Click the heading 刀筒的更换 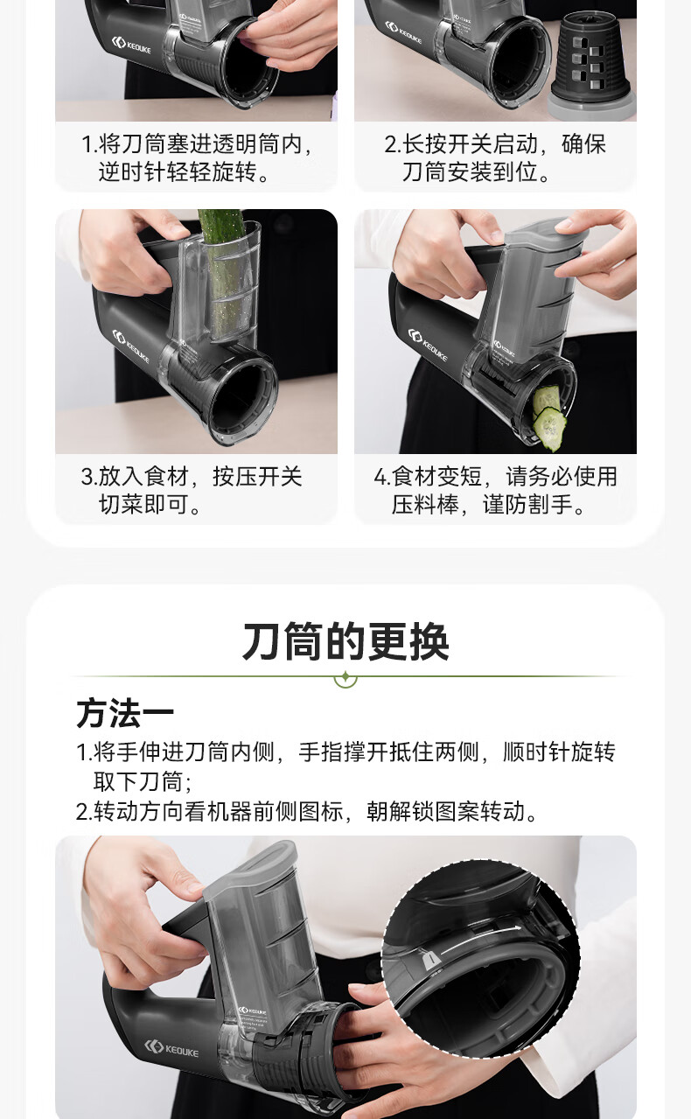[x=345, y=642]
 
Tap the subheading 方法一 [x=125, y=713]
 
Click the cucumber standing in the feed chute [x=225, y=275]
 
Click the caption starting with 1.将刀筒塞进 [x=197, y=157]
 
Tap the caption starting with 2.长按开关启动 [x=495, y=157]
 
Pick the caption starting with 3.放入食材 [x=192, y=490]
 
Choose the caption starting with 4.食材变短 [x=495, y=490]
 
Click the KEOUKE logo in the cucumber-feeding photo [x=131, y=346]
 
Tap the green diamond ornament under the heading [x=345, y=678]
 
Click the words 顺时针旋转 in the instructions [x=559, y=752]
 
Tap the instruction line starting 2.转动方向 [x=308, y=811]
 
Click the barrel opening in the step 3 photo [x=243, y=397]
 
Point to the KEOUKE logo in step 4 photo [x=428, y=345]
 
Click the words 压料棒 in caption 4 [x=425, y=505]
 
